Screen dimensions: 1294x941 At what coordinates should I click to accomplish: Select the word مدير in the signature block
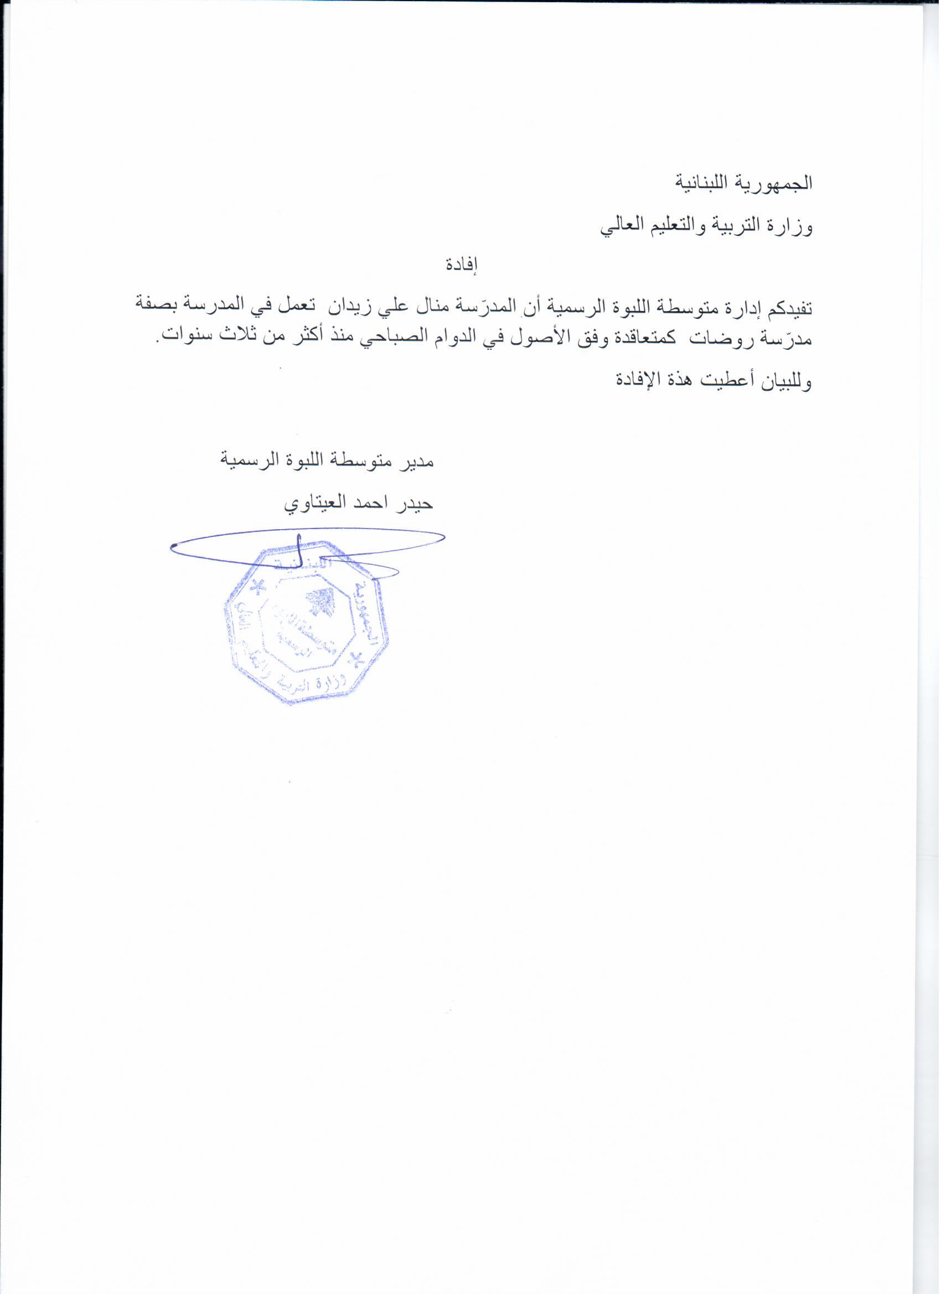click(416, 460)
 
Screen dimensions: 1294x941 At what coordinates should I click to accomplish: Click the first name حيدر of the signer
click(417, 504)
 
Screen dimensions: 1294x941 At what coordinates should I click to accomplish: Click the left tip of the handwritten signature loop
click(172, 548)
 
